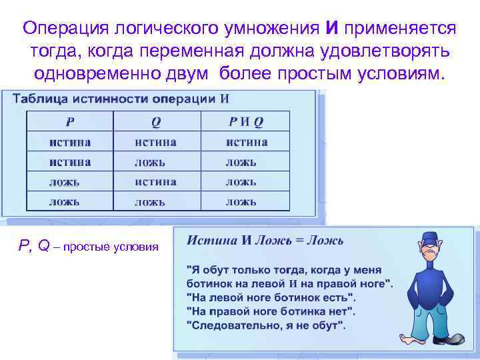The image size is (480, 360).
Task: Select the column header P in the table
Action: pyautogui.click(x=69, y=121)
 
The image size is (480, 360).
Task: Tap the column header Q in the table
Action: pyautogui.click(x=156, y=121)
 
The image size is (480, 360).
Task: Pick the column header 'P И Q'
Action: pyautogui.click(x=246, y=121)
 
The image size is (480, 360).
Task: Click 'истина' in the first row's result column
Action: pyautogui.click(x=246, y=141)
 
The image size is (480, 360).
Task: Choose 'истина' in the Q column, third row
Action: pyautogui.click(x=155, y=181)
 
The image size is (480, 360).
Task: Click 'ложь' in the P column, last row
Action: pyautogui.click(x=64, y=201)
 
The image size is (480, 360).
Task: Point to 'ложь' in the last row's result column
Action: pyautogui.click(x=240, y=201)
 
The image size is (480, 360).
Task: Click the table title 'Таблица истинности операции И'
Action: pyautogui.click(x=121, y=99)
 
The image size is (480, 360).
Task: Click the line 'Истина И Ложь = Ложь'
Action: pyautogui.click(x=265, y=240)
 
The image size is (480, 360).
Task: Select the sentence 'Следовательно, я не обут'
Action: pyautogui.click(x=265, y=326)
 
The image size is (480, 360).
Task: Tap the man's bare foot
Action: pyautogui.click(x=408, y=337)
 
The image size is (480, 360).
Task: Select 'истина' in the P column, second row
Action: pyautogui.click(x=69, y=162)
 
